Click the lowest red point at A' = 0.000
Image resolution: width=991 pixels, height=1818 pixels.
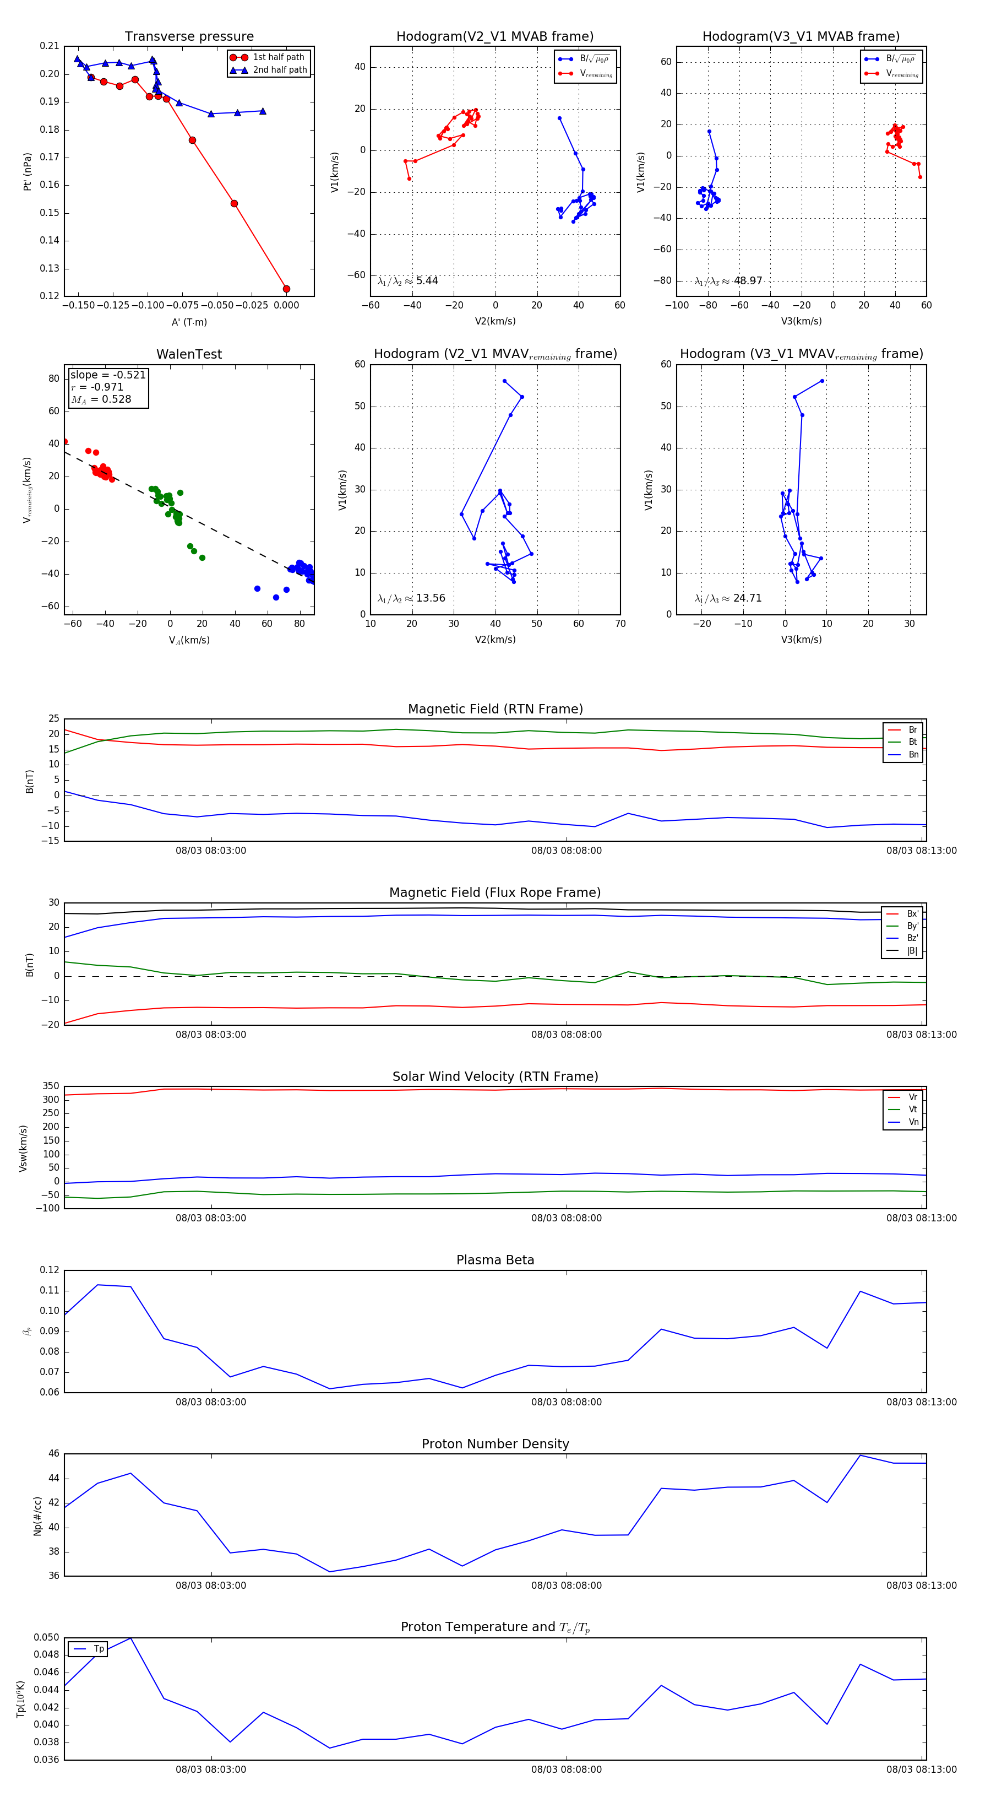tap(286, 289)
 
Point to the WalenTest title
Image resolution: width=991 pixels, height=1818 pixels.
tap(189, 354)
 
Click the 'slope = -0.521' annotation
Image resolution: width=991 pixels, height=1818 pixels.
tap(107, 375)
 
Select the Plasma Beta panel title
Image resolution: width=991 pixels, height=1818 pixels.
tap(495, 1260)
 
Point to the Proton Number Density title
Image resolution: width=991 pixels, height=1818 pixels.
tap(495, 1444)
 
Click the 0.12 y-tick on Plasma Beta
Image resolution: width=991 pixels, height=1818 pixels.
tap(50, 1270)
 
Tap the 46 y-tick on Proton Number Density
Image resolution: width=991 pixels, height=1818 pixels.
tap(53, 1454)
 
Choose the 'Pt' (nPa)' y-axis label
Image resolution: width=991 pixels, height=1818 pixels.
tap(28, 171)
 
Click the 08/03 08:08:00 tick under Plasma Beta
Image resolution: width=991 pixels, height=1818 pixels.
tap(567, 1402)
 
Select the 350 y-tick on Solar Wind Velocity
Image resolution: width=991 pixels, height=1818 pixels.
tap(51, 1086)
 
